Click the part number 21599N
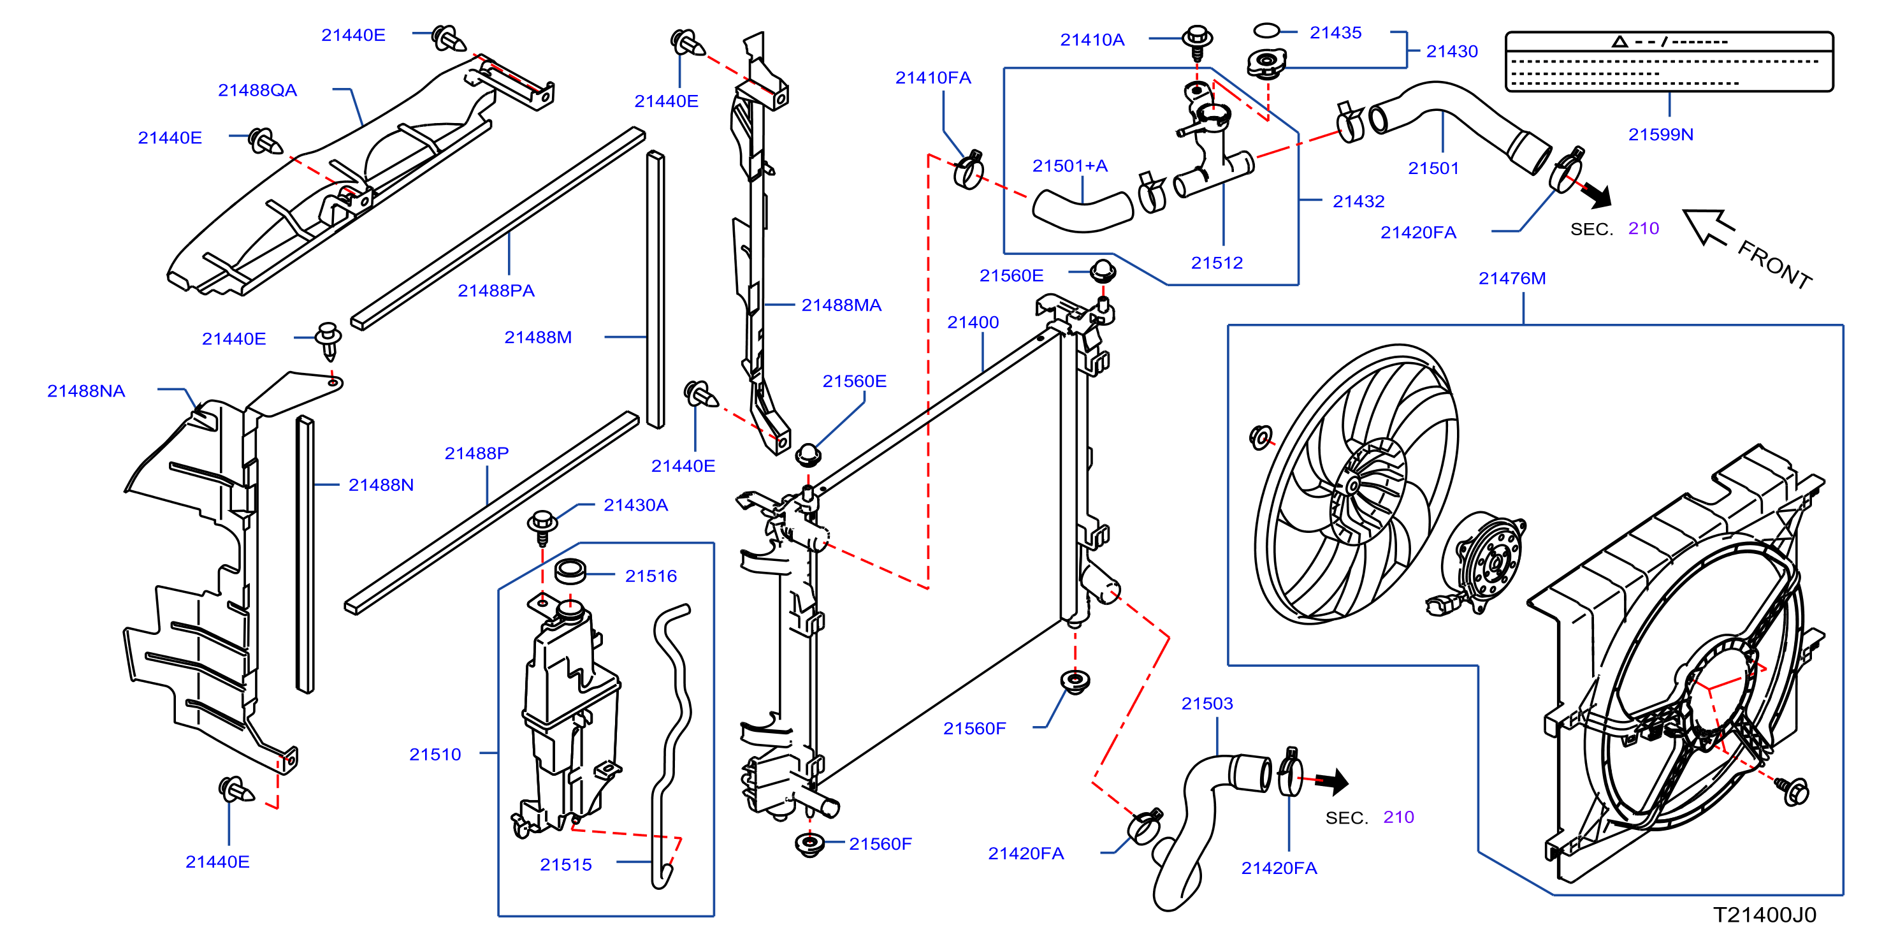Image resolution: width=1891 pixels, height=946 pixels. coord(1660,135)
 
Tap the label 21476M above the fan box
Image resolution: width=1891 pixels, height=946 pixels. coord(1512,279)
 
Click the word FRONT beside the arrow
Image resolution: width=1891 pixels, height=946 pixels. coord(1774,265)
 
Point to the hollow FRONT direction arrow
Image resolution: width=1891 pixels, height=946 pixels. coord(1708,227)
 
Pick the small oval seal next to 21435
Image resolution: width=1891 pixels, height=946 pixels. coord(1266,30)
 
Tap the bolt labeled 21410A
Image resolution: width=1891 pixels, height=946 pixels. coord(1198,43)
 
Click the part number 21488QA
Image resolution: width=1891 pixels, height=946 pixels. coord(257,91)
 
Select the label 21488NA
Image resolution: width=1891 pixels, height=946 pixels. coord(86,391)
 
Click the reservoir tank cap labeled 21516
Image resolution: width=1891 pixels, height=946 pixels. coord(570,571)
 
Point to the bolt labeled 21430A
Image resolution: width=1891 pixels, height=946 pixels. coord(542,527)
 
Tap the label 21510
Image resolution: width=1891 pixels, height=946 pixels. coord(435,754)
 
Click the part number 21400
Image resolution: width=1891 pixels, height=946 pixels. coord(973,323)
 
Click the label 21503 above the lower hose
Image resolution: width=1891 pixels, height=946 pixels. coord(1207,704)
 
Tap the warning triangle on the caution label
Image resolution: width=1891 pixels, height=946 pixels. coord(1619,42)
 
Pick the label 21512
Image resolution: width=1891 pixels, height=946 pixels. coord(1217,263)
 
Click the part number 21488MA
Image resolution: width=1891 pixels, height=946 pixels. coord(841,305)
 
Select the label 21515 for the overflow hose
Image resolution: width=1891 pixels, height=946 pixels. coord(565,864)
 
